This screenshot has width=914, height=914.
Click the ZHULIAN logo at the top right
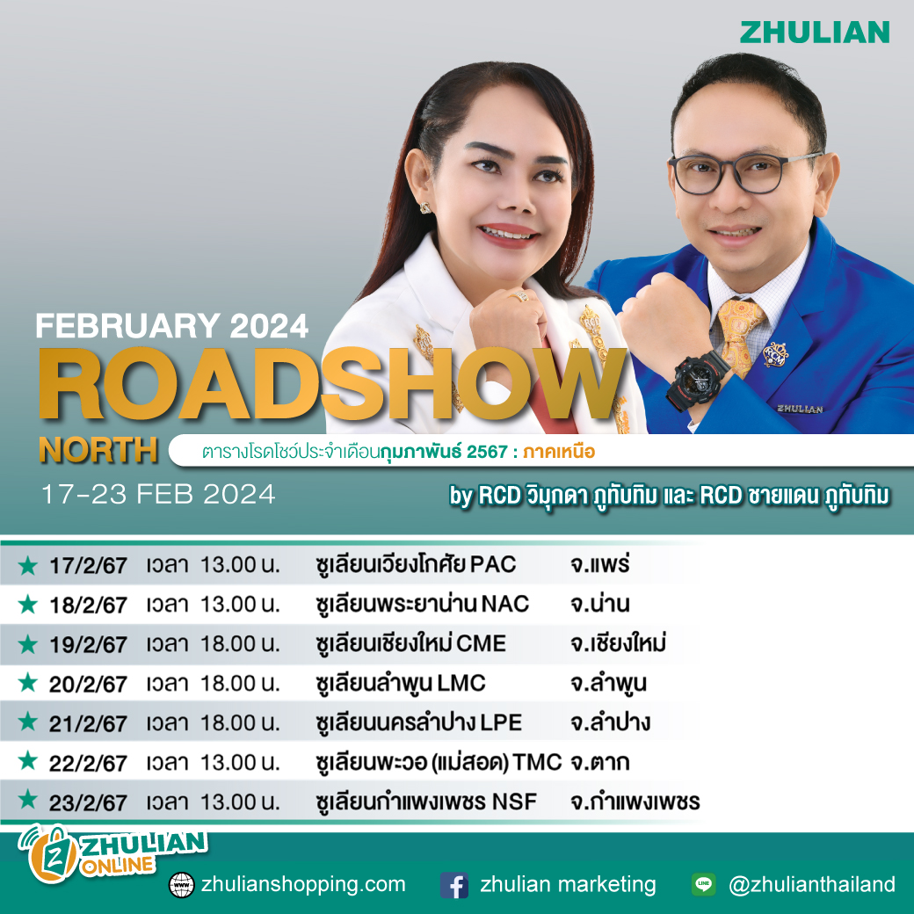click(814, 33)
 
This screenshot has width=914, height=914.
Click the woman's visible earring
click(427, 208)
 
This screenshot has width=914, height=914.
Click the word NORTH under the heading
click(98, 451)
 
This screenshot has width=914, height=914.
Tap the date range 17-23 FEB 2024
click(158, 495)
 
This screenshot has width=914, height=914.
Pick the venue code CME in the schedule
click(481, 644)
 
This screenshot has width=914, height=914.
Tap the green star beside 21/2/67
click(28, 722)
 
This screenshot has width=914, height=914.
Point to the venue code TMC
click(539, 762)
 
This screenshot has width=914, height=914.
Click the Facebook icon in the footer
click(454, 885)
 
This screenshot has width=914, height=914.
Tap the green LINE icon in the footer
click(703, 885)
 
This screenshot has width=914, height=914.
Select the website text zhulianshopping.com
click(303, 884)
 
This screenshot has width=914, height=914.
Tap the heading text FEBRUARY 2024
click(172, 327)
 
